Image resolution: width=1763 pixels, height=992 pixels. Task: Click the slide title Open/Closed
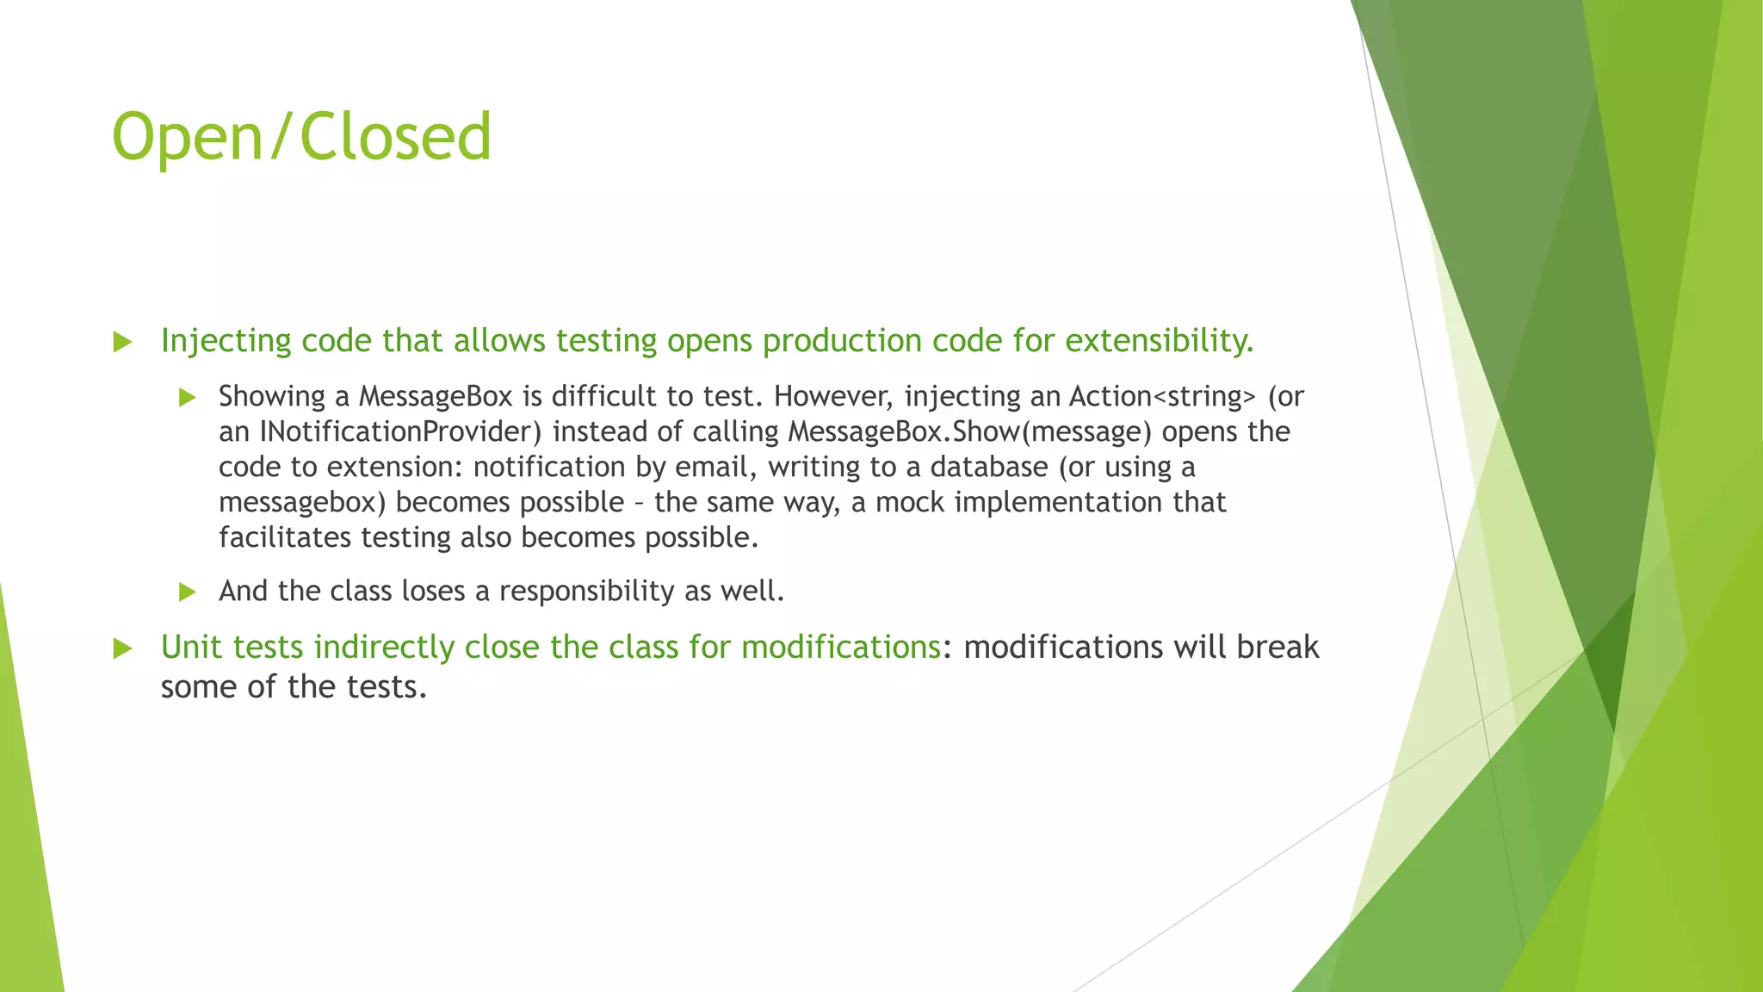pyautogui.click(x=301, y=138)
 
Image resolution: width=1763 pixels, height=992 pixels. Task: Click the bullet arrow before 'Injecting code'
pyautogui.click(x=122, y=343)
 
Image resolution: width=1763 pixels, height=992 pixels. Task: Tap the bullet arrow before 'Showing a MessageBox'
pyautogui.click(x=187, y=398)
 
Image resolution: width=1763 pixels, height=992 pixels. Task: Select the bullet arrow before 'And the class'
pyautogui.click(x=187, y=592)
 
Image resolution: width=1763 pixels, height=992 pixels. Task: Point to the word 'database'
pyautogui.click(x=988, y=467)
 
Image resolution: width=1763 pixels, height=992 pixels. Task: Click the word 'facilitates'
pyautogui.click(x=285, y=537)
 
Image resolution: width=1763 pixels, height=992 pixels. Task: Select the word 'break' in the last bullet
pyautogui.click(x=1277, y=647)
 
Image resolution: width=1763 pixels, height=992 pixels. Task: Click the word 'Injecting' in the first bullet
pyautogui.click(x=226, y=341)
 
